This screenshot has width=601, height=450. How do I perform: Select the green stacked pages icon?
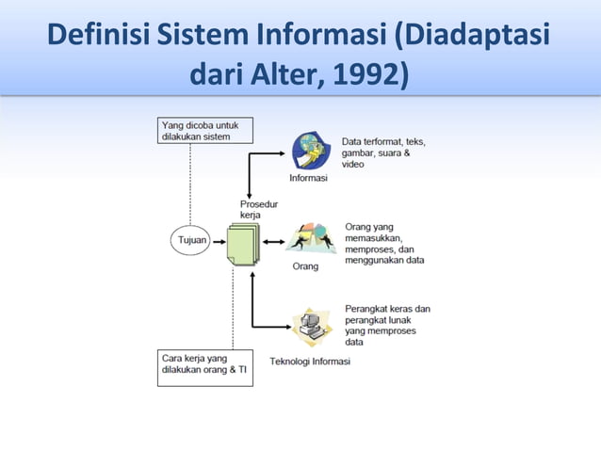pos(242,245)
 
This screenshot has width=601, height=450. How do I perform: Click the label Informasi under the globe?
pos(307,179)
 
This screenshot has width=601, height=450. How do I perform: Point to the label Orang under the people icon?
pos(305,266)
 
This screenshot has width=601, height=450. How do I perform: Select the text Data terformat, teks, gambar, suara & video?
pos(382,153)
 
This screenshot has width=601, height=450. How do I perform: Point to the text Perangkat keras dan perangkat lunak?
pos(387,325)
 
